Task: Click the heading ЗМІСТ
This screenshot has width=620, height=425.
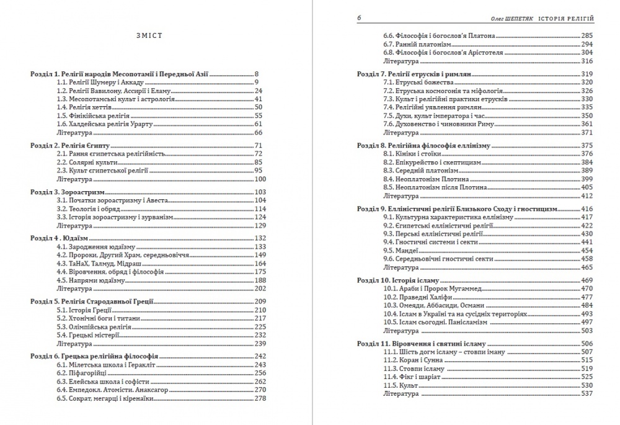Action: tap(149, 35)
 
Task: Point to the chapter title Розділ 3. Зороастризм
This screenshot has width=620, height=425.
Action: tap(69, 192)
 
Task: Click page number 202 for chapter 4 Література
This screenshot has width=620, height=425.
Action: tap(259, 289)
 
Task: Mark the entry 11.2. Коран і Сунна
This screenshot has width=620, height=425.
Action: tap(414, 360)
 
